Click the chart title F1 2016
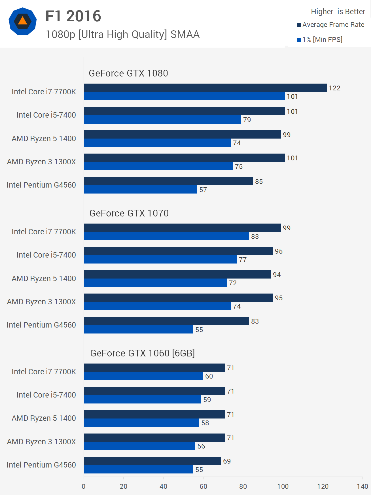click(73, 16)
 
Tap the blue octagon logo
click(23, 21)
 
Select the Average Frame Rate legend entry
click(333, 25)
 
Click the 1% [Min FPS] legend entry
click(322, 40)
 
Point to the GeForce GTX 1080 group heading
click(128, 73)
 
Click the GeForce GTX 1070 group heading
click(129, 213)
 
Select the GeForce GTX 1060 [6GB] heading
click(142, 353)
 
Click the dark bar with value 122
click(205, 88)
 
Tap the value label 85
click(259, 182)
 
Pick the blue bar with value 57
click(140, 190)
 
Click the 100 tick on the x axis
click(283, 486)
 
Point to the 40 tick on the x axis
click(164, 486)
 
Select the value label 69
click(227, 461)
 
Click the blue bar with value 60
click(143, 376)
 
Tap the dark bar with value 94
click(177, 275)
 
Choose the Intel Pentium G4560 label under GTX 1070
click(41, 325)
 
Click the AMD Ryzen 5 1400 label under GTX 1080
click(44, 139)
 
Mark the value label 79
click(247, 120)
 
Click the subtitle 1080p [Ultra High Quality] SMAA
click(123, 35)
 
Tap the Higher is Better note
click(338, 12)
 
